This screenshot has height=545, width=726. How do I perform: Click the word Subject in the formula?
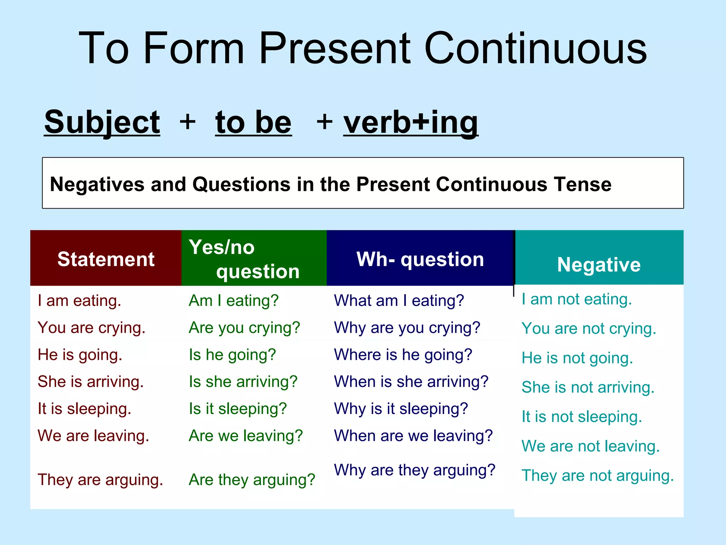(x=102, y=122)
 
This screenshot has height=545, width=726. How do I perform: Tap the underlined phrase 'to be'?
(x=253, y=122)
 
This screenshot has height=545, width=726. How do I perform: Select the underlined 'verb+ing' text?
(x=411, y=122)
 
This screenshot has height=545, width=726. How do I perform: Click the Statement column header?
(x=106, y=259)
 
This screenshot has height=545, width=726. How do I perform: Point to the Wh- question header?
(x=420, y=259)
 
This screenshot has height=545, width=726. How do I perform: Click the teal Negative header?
(x=599, y=264)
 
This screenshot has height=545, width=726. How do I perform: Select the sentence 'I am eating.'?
(x=79, y=301)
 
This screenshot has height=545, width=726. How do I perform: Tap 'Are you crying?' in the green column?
(x=244, y=328)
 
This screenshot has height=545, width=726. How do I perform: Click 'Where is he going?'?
(x=403, y=355)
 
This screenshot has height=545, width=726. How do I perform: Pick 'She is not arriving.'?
(x=588, y=387)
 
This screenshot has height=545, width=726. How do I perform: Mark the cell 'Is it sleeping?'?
(x=238, y=409)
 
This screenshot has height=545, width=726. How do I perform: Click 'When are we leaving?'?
(x=413, y=436)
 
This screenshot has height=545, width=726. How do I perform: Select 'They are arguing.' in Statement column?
(x=100, y=480)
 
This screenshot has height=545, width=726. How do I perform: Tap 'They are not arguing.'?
(x=598, y=475)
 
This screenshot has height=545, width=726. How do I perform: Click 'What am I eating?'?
(x=399, y=301)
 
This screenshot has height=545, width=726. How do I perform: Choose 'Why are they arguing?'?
(x=414, y=470)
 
